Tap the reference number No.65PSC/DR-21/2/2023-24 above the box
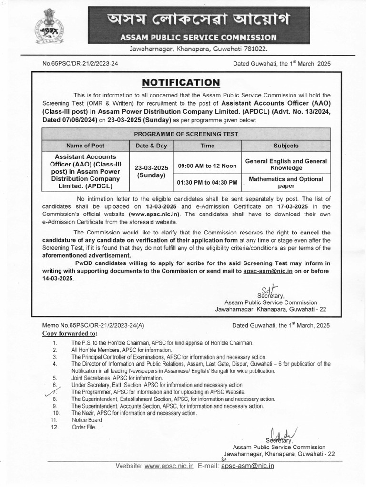pos(80,64)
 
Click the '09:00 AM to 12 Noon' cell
pos(207,166)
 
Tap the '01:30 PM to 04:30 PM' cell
pos(207,182)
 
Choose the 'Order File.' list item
pos(84,427)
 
